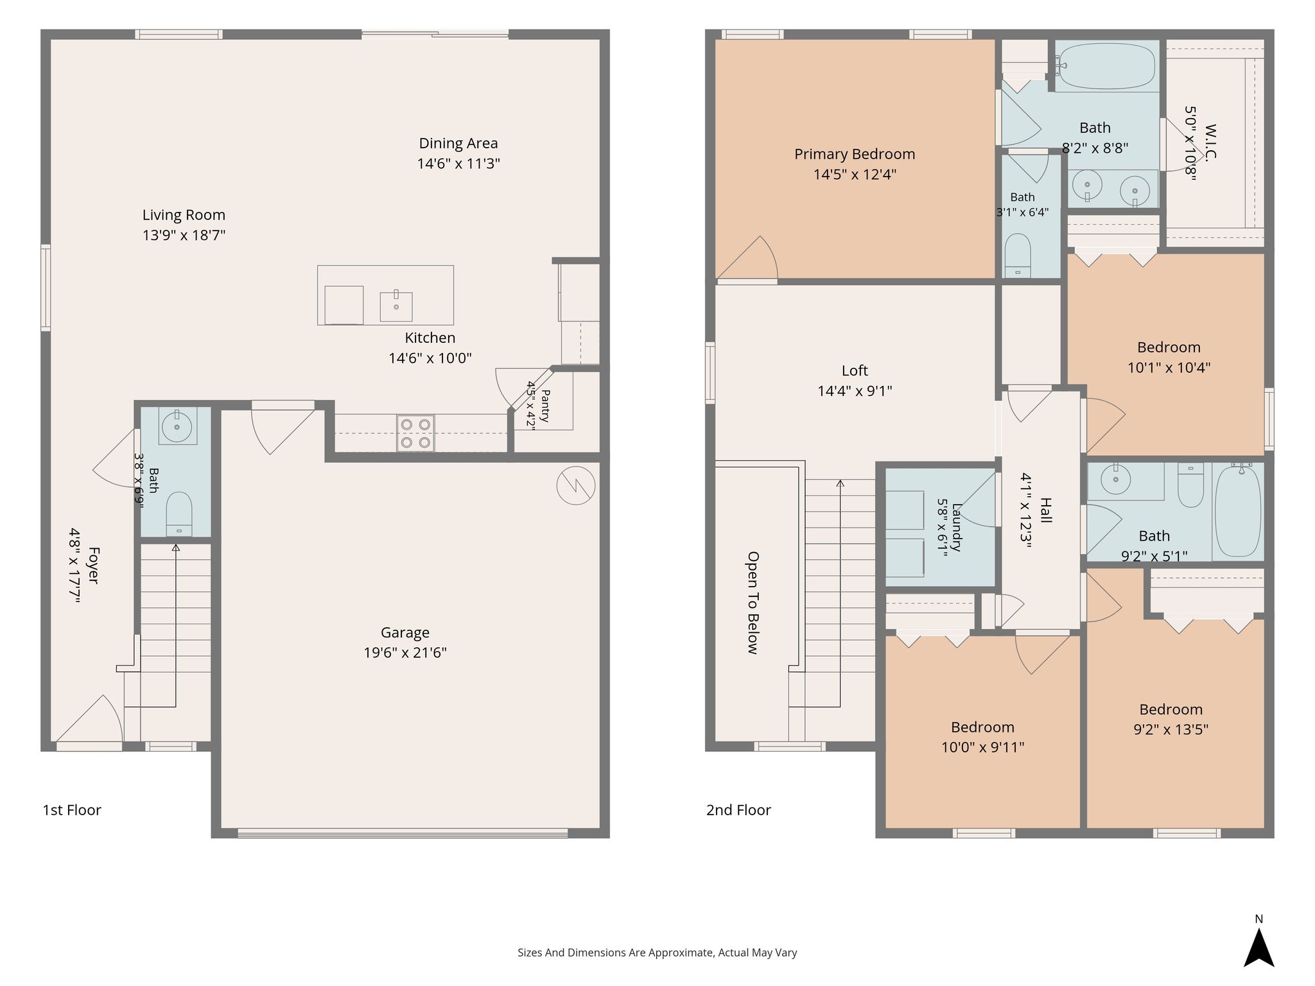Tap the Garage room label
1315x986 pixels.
pos(405,633)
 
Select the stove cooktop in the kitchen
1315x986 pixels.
pos(415,433)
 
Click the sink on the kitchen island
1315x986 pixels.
pos(396,306)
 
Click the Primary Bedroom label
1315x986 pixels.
pos(855,154)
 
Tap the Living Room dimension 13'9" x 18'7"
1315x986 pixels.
pos(184,235)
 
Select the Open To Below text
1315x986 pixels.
pos(753,602)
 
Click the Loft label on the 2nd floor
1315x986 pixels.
pos(855,370)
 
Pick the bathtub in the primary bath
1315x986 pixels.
pos(1106,66)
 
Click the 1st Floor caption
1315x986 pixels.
pos(72,810)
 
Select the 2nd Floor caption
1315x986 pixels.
pos(738,810)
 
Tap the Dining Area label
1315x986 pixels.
pos(458,143)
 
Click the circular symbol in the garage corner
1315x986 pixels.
pos(576,485)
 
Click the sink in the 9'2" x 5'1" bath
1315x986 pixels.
pos(1116,480)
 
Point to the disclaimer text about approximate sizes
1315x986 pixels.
pos(657,953)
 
